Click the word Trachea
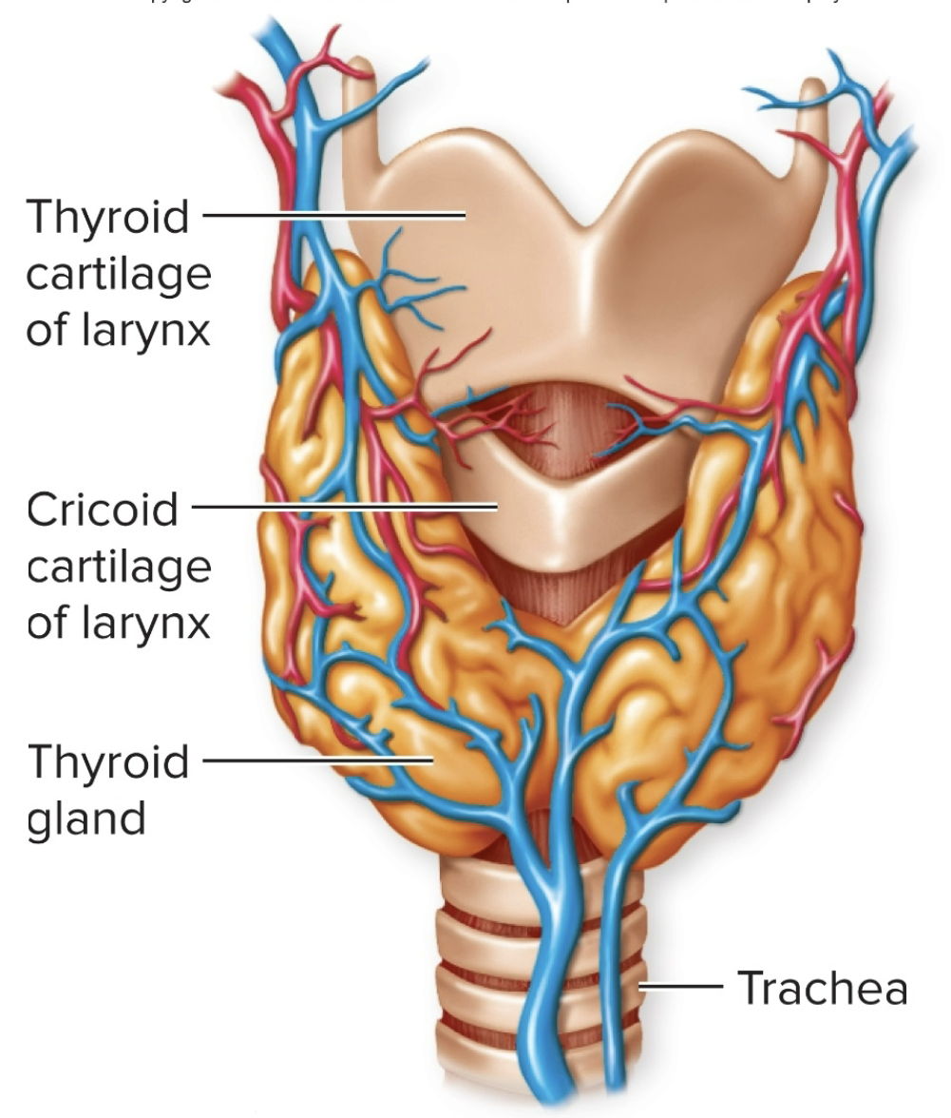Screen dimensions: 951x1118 tap(822, 988)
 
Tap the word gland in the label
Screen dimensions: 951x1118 tap(86, 818)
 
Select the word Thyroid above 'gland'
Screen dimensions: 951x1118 tap(108, 762)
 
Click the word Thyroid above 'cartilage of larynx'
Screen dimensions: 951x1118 tap(108, 218)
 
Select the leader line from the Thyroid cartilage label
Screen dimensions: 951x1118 tap(333, 216)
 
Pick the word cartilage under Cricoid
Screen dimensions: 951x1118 tap(118, 568)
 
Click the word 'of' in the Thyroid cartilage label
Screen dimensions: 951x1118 tap(46, 333)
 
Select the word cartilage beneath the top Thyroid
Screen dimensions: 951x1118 tap(118, 276)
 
